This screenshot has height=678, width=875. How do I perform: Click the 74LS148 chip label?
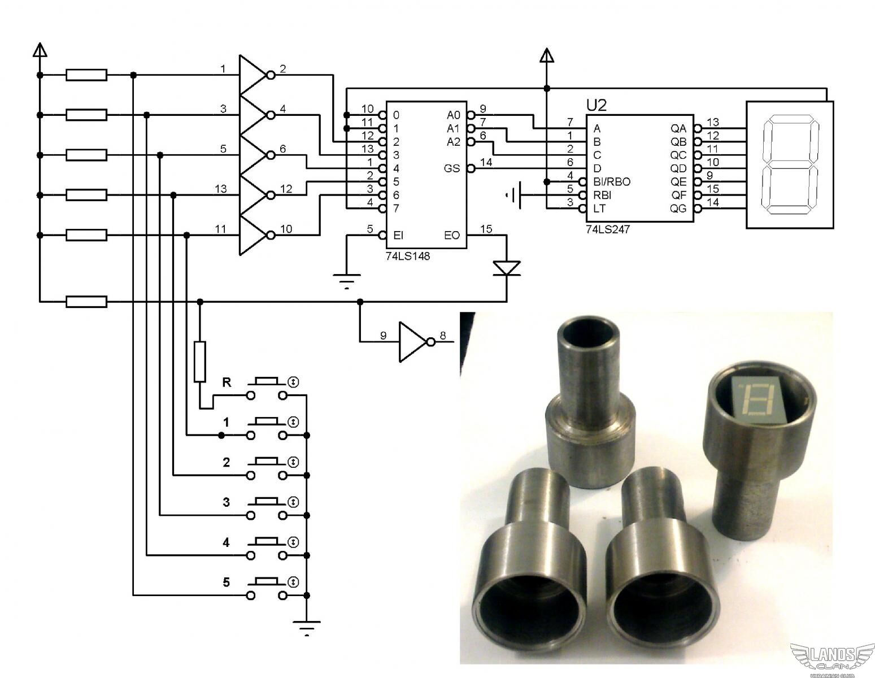[404, 257]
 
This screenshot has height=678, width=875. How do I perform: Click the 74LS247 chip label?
[607, 230]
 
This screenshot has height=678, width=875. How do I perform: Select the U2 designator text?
[597, 105]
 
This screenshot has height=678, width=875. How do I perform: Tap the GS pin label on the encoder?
[452, 168]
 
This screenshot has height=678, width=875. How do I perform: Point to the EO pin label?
[452, 235]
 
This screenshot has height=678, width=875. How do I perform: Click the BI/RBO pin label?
[612, 182]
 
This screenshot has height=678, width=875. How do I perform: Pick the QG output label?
[678, 208]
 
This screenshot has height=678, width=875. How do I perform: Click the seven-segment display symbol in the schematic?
[790, 165]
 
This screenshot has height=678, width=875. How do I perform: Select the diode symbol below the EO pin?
[506, 268]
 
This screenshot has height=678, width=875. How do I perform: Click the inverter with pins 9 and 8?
[412, 342]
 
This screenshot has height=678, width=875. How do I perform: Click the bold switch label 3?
[227, 502]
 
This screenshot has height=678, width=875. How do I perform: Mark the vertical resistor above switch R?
[199, 361]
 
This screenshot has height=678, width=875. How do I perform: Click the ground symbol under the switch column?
[307, 627]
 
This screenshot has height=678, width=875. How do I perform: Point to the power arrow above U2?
[546, 55]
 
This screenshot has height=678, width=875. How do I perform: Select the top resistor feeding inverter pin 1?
[86, 75]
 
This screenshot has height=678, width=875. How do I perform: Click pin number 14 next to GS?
[486, 163]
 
